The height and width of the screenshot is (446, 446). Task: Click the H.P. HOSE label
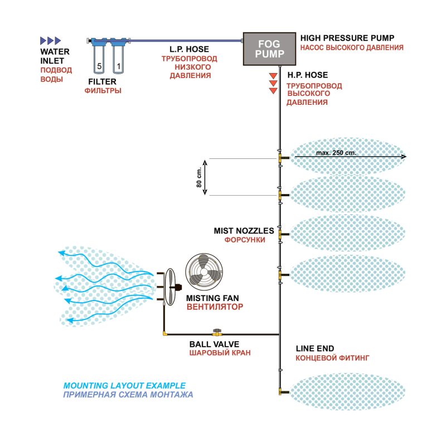[307, 75]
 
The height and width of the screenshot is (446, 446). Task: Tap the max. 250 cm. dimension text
[336, 153]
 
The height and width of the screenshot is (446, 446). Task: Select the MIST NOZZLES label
[244, 230]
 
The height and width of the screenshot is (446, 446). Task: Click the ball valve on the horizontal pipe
[215, 333]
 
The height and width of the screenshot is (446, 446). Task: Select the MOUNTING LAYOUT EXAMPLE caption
[124, 385]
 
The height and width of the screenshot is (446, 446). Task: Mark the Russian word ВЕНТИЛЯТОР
[215, 307]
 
